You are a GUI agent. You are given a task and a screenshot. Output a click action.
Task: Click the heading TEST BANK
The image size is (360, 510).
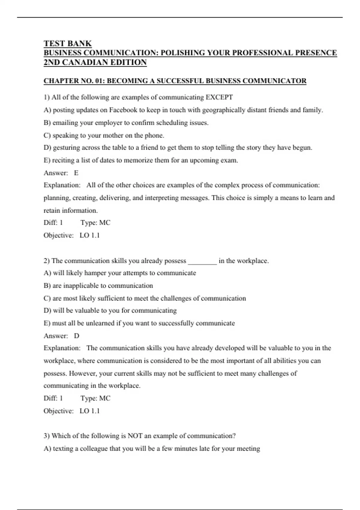point(67,43)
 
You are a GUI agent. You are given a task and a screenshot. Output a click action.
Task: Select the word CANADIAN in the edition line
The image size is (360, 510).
point(80,62)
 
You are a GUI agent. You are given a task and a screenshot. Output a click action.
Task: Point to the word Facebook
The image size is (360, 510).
point(123,110)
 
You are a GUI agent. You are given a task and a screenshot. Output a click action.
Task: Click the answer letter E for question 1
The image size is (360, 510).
point(76,173)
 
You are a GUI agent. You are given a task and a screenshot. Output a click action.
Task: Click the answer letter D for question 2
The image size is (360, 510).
point(76,336)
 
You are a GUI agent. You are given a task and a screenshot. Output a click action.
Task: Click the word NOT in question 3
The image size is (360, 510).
point(135,436)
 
